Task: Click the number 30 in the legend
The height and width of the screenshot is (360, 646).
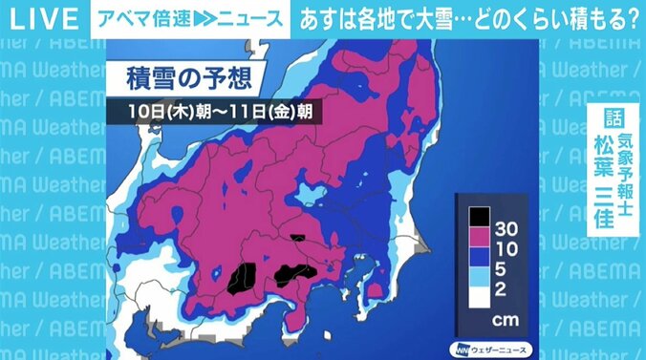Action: click(506, 229)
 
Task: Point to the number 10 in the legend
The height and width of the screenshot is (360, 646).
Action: click(506, 250)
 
